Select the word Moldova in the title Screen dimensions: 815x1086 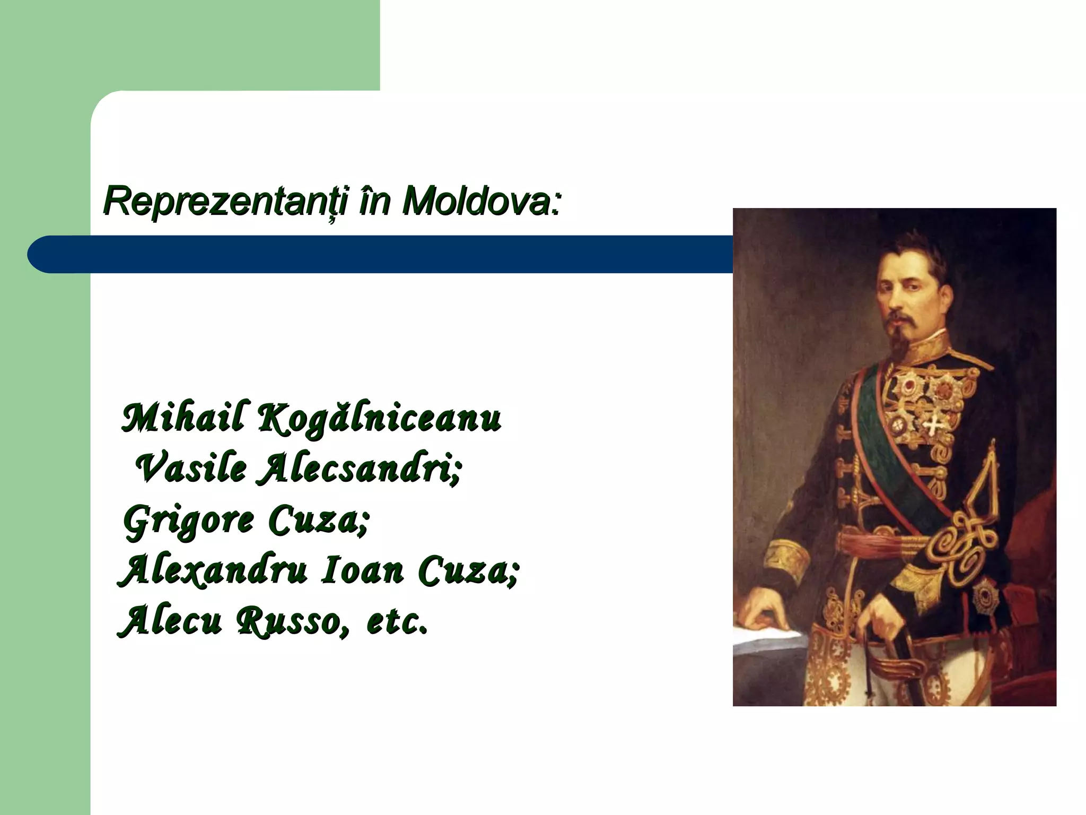coord(480,201)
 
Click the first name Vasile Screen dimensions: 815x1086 coord(191,469)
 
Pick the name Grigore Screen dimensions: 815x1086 coord(189,521)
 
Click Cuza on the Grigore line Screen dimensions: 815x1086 coord(318,519)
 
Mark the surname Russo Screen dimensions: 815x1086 coord(292,621)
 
